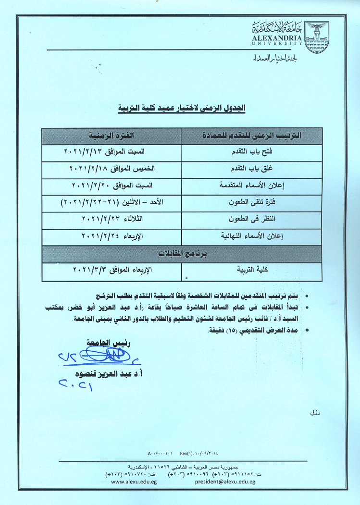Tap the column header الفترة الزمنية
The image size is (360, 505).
(x=111, y=136)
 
